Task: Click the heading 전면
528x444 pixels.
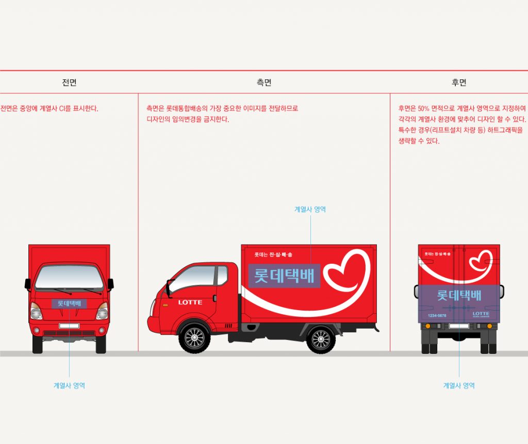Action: [x=69, y=82]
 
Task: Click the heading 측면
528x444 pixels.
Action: [x=264, y=82]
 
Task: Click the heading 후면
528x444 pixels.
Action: [x=459, y=82]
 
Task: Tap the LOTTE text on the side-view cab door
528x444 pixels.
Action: [x=190, y=302]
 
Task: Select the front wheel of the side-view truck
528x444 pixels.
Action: [x=194, y=338]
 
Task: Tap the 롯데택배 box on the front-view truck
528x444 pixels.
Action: [x=69, y=303]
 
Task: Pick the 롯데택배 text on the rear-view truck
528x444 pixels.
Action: [x=459, y=295]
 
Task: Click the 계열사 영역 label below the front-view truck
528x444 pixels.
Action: [x=69, y=385]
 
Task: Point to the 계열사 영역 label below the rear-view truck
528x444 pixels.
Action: [x=459, y=385]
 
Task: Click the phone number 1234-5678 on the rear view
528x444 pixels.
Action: [x=437, y=315]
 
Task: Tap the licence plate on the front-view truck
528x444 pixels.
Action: [x=69, y=326]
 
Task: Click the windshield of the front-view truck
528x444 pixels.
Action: [x=69, y=277]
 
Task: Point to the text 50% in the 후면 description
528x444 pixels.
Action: [x=423, y=109]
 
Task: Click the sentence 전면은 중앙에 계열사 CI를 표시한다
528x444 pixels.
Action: [x=49, y=109]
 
